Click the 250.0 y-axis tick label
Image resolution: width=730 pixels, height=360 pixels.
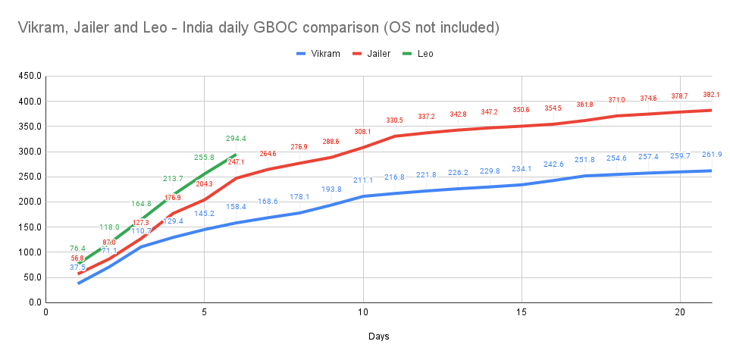(29, 177)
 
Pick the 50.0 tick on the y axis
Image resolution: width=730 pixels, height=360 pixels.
(31, 277)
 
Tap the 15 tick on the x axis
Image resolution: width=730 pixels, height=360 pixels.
(522, 311)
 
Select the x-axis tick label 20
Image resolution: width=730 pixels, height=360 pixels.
(680, 311)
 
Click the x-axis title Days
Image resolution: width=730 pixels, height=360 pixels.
(379, 336)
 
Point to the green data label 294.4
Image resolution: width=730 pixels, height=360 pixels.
(236, 139)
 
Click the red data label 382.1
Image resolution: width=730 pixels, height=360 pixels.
(711, 95)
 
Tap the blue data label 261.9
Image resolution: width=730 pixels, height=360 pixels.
(712, 155)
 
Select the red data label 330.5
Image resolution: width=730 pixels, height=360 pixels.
(394, 121)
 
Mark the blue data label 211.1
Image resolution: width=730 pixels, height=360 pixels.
(363, 180)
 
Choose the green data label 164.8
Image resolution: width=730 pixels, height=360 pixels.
(141, 204)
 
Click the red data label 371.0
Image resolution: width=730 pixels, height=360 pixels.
(616, 100)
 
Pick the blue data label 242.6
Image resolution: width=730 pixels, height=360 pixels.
(553, 164)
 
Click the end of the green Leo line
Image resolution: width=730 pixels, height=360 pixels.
(236, 155)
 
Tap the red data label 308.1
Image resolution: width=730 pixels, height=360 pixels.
(363, 132)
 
